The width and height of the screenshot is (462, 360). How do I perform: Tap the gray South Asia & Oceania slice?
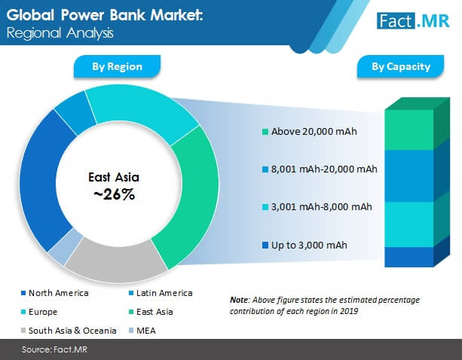[x=115, y=261]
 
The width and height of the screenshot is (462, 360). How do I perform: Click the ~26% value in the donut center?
[x=115, y=194]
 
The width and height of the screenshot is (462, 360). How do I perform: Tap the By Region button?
[x=117, y=66]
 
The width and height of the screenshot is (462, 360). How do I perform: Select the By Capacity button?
[x=401, y=66]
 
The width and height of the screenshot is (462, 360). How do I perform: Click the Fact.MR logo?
[x=413, y=21]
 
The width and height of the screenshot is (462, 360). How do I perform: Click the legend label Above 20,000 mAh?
[x=314, y=132]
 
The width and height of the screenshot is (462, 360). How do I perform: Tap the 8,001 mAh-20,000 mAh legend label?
[x=324, y=169]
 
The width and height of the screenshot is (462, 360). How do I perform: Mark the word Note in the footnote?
[x=239, y=300]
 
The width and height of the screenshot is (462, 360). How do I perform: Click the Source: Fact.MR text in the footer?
[x=54, y=349]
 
